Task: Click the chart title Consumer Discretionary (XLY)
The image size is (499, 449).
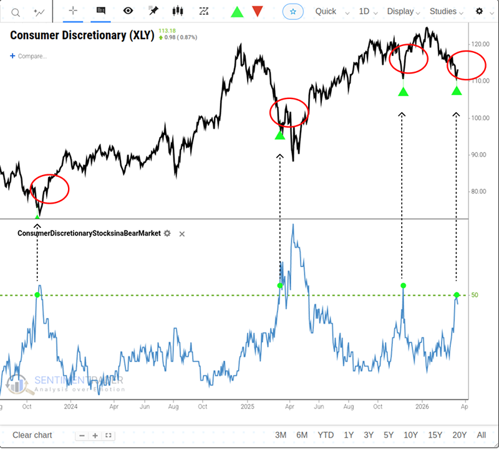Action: point(82,35)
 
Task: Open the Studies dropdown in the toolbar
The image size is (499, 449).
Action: point(447,11)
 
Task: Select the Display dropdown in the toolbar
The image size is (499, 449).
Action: point(404,11)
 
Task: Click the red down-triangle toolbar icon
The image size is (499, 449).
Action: point(257,11)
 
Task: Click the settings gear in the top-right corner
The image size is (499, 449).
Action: point(479,11)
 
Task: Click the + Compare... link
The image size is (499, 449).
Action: point(29,56)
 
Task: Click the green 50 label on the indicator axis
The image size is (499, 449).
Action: point(475,295)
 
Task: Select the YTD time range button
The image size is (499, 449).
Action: point(326,435)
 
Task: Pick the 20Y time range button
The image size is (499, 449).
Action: point(459,435)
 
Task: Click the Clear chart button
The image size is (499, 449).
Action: point(32,435)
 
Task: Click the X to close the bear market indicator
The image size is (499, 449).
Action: point(182,234)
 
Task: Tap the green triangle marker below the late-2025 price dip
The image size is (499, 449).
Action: point(404,92)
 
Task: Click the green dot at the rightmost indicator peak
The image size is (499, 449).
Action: point(457,295)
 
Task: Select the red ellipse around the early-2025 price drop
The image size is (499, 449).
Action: point(289,112)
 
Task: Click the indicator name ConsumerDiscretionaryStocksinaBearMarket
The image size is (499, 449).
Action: point(89,234)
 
